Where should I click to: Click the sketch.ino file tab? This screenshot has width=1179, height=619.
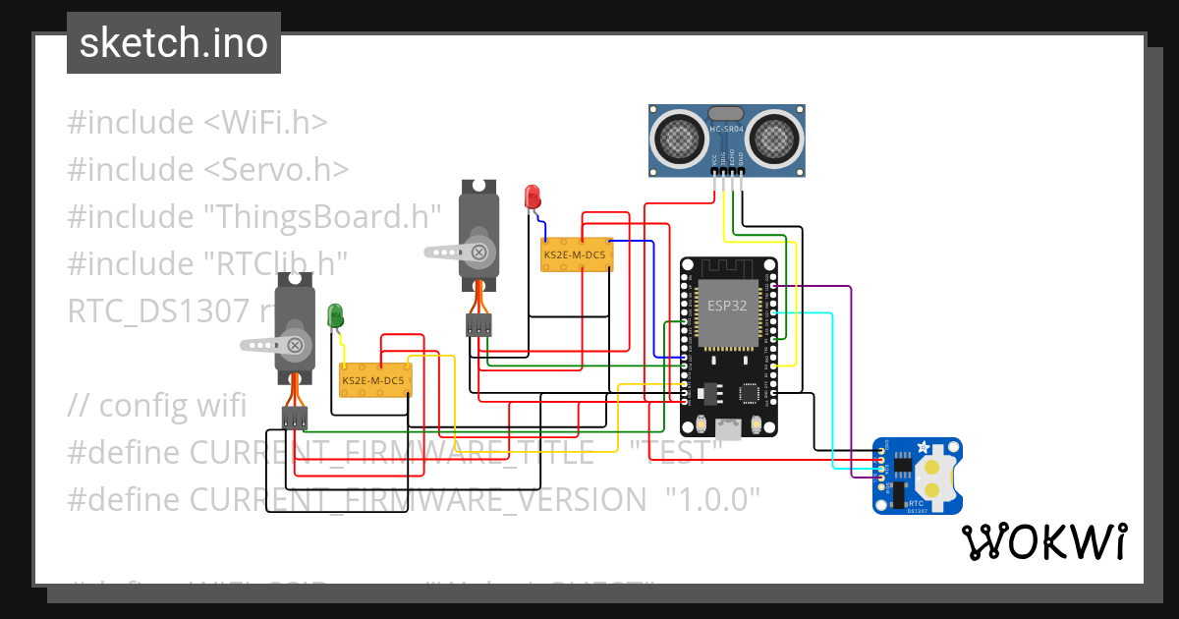173,43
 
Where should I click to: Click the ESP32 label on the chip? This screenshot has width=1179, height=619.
727,306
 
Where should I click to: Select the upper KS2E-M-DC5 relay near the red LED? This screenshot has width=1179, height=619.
577,254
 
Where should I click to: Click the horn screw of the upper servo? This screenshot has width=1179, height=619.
478,252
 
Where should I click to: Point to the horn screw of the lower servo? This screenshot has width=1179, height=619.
294,344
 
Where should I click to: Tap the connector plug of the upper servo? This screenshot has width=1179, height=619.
478,326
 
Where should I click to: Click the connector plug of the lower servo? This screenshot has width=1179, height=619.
294,418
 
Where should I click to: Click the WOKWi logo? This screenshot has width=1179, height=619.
1043,541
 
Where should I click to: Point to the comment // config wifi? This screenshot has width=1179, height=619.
157,405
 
